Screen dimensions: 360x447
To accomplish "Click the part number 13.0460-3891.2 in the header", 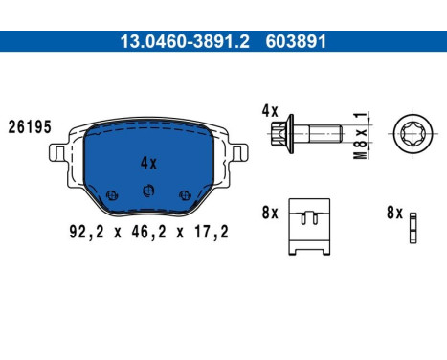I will point(171,42).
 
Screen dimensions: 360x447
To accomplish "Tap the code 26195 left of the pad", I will point(29,125).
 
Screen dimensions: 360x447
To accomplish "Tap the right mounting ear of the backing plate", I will point(237,153).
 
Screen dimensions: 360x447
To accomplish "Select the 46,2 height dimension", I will point(148,230).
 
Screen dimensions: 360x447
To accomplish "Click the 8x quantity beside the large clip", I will point(269,213).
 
